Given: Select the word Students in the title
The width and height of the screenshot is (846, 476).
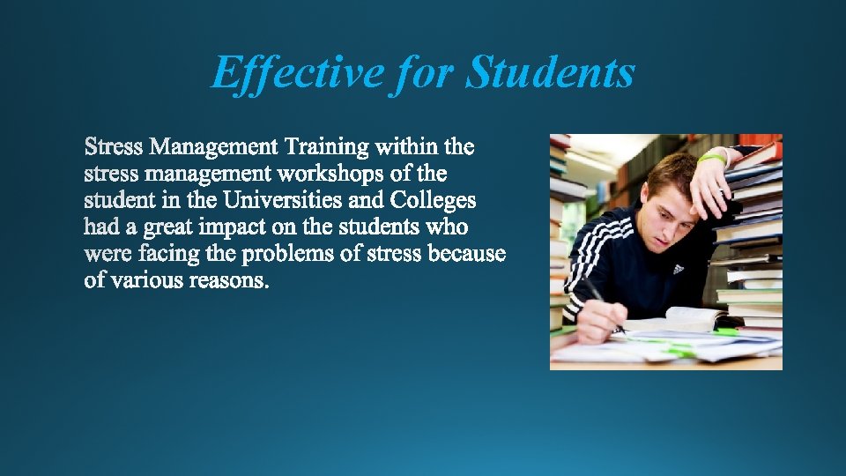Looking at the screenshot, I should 549,71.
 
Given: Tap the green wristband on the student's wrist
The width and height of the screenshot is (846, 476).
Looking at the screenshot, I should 712,159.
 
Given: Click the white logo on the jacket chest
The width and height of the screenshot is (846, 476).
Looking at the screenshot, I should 679,267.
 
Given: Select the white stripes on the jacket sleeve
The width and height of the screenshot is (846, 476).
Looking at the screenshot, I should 590,256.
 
